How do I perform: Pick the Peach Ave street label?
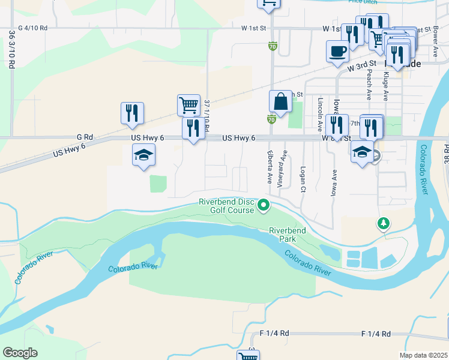tap(369, 84)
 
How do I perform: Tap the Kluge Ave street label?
tap(386, 86)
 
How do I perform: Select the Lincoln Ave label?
tap(321, 115)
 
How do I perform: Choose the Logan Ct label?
tap(303, 179)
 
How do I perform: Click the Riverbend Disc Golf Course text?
tap(228, 206)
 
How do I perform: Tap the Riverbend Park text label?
tap(287, 234)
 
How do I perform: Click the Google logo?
tap(20, 353)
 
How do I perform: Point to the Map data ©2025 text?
tap(424, 355)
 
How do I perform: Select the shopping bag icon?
tap(280, 101)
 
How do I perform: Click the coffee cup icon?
tap(337, 51)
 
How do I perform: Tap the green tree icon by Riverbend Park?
tap(383, 224)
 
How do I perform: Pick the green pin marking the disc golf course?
tap(263, 206)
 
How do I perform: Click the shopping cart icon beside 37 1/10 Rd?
tap(188, 105)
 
